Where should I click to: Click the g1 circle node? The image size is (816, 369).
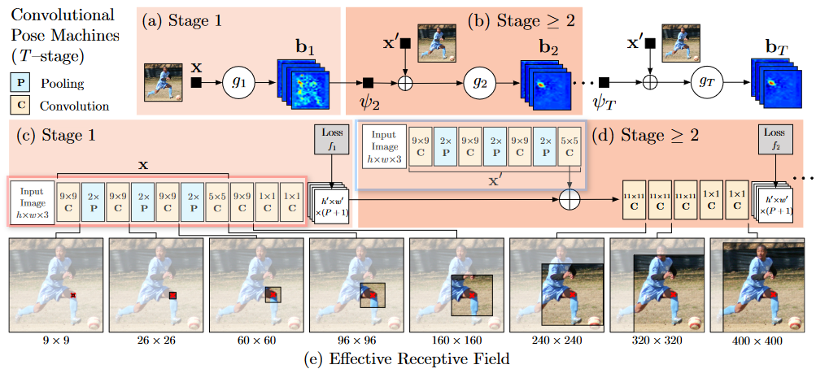240,82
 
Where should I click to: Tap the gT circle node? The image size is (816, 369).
706,82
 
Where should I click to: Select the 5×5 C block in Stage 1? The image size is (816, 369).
217,201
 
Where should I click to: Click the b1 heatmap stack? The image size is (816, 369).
303,81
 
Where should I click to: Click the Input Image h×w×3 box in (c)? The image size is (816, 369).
32,201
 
